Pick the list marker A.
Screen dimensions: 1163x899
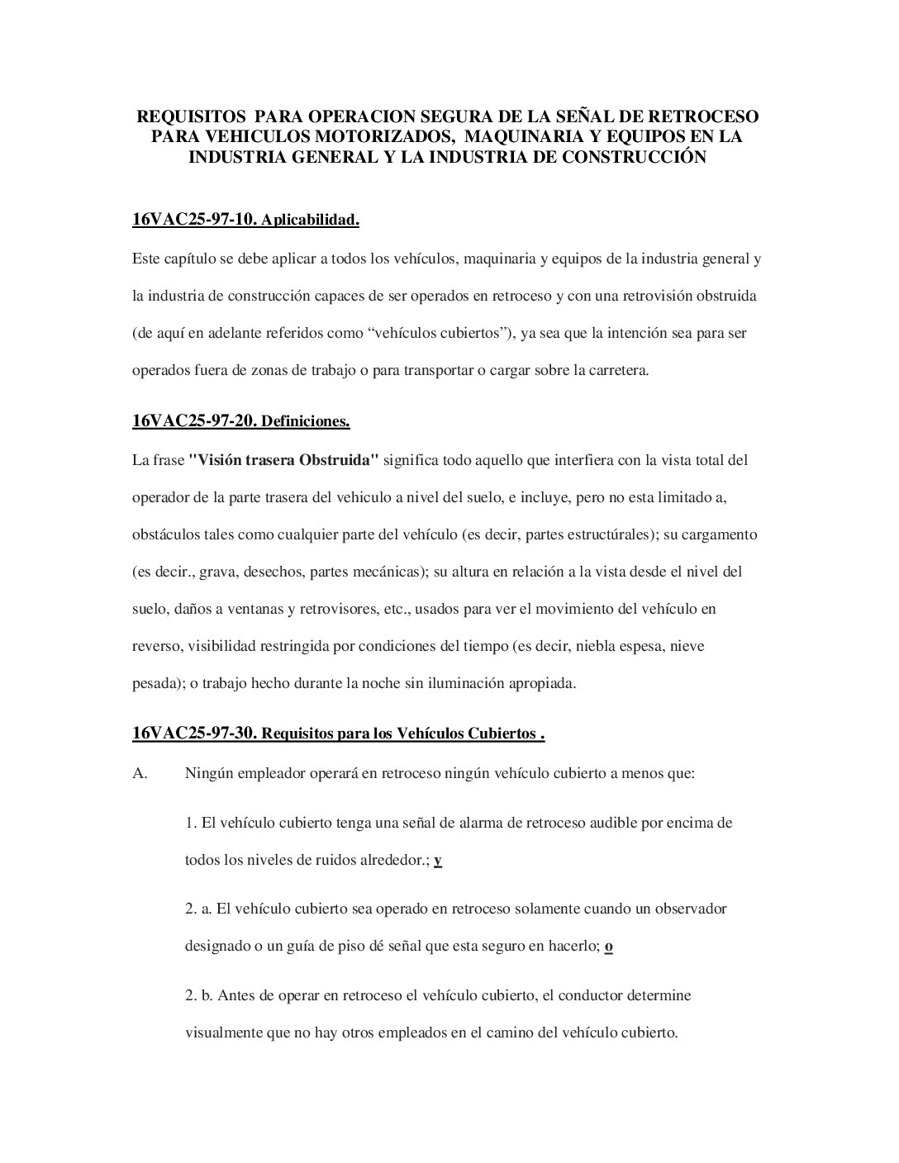(140, 774)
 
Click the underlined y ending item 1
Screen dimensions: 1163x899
(438, 860)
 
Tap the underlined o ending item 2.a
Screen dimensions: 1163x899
(608, 946)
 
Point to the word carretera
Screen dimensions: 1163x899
(620, 370)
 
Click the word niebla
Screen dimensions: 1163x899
(595, 646)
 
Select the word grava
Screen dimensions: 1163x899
(217, 572)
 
